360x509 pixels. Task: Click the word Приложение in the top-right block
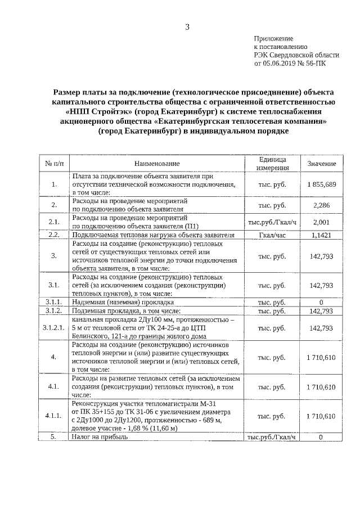point(274,38)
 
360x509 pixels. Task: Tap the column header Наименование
point(157,164)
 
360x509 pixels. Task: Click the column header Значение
point(322,164)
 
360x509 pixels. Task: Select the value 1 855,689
point(322,184)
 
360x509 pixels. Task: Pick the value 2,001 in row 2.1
point(322,222)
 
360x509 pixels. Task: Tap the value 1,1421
point(322,235)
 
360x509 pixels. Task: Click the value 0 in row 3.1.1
point(322,303)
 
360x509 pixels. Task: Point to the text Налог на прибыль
point(100,436)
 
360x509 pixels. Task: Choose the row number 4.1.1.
point(54,416)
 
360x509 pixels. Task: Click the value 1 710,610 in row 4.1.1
point(322,416)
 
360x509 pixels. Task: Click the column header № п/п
point(54,164)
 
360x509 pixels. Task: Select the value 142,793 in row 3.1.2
point(322,311)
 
